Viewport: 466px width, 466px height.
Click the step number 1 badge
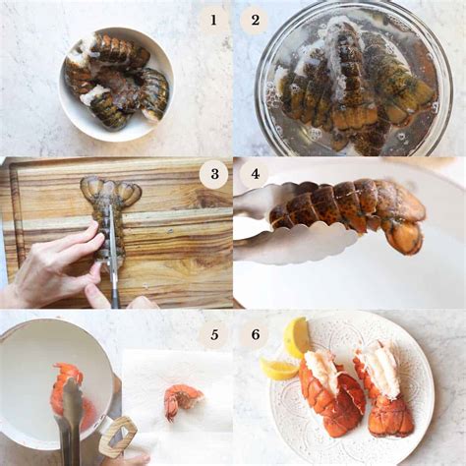pos(212,19)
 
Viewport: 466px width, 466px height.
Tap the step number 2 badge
pos(254,19)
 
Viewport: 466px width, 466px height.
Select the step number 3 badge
pos(212,175)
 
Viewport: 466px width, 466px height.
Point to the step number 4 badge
pos(254,175)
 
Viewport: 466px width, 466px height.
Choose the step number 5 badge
pos(212,334)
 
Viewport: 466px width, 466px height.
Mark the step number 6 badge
pos(254,334)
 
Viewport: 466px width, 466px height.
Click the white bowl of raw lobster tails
pos(115,83)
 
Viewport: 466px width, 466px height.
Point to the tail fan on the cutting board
pos(110,192)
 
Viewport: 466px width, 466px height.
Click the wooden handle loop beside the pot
pos(118,436)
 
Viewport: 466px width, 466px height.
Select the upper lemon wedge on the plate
pos(295,336)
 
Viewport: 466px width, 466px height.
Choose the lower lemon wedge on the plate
pos(279,368)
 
